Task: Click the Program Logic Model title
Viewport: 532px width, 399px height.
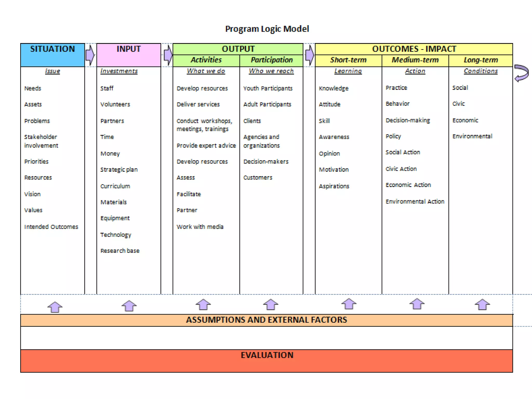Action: point(267,29)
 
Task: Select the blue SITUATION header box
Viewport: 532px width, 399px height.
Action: point(52,55)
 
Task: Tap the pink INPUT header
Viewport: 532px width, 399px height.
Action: point(129,55)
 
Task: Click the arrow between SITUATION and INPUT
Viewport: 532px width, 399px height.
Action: point(90,55)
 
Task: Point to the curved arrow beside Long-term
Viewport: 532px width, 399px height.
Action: point(522,73)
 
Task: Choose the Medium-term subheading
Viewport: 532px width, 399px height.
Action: point(415,60)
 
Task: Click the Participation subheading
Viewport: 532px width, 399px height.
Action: point(271,60)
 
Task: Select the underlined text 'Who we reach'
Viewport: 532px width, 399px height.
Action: point(271,71)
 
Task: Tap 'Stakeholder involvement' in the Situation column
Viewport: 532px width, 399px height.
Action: point(41,141)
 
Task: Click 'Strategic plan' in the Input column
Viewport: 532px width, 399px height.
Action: point(119,170)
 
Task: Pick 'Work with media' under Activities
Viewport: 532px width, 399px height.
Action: point(200,227)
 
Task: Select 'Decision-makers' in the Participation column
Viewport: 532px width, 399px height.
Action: point(266,162)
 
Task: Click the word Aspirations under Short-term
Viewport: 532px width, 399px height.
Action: point(334,186)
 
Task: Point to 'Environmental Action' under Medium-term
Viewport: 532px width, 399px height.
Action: point(415,202)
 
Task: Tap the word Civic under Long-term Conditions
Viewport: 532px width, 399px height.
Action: point(458,104)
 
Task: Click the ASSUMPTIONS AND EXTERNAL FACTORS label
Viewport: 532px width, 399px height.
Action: point(267,320)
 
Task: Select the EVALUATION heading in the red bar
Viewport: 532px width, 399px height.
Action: point(267,355)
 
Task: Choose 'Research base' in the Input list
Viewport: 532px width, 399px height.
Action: point(120,251)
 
